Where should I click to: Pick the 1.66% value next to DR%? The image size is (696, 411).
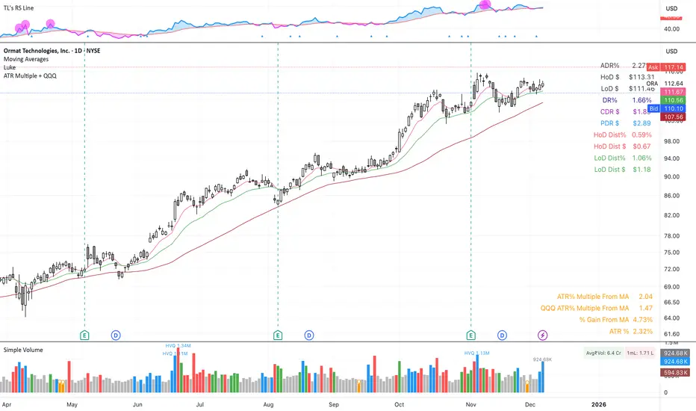click(x=641, y=100)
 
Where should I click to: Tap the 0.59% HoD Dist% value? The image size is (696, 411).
click(x=641, y=135)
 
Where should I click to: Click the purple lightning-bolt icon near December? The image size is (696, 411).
click(x=543, y=336)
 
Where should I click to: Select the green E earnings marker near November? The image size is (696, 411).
click(x=470, y=336)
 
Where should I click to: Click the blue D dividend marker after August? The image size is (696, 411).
click(x=308, y=336)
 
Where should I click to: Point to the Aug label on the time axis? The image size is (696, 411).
click(x=269, y=404)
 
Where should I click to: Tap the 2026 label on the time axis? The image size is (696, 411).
click(x=599, y=404)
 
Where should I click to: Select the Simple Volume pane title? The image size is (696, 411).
click(x=23, y=350)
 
